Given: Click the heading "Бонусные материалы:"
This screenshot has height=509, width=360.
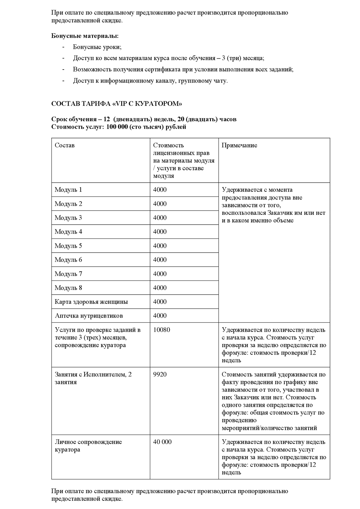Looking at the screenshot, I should tap(85, 36).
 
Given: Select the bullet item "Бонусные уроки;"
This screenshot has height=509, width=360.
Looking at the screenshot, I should tap(97, 47).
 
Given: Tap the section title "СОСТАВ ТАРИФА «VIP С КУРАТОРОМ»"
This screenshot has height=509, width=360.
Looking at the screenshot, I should tap(117, 104).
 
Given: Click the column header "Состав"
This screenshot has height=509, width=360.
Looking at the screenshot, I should tap(64, 145).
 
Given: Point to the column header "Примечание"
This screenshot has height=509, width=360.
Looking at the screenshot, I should tap(239, 145).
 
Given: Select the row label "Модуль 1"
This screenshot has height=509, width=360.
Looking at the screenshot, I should tap(68, 190).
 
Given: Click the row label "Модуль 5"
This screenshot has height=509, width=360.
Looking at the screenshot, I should tap(68, 246).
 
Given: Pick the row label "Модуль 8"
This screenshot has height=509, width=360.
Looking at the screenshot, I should tap(68, 288).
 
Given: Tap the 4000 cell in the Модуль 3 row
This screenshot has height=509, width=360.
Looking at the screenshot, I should tap(160, 218).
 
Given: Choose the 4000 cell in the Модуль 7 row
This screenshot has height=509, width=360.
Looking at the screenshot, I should tap(160, 274).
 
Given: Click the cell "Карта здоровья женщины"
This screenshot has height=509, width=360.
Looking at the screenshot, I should tap(91, 302).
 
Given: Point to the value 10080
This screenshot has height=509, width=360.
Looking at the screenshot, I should tap(161, 330).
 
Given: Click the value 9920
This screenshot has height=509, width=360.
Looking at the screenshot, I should tap(160, 375).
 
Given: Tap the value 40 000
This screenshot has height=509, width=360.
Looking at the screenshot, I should tap(162, 442).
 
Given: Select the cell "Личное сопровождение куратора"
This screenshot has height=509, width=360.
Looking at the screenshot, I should tap(88, 446).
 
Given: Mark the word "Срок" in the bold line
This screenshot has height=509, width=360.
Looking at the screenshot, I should tap(59, 119).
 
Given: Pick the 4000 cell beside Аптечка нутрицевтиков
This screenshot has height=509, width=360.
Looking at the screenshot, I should tap(160, 316).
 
